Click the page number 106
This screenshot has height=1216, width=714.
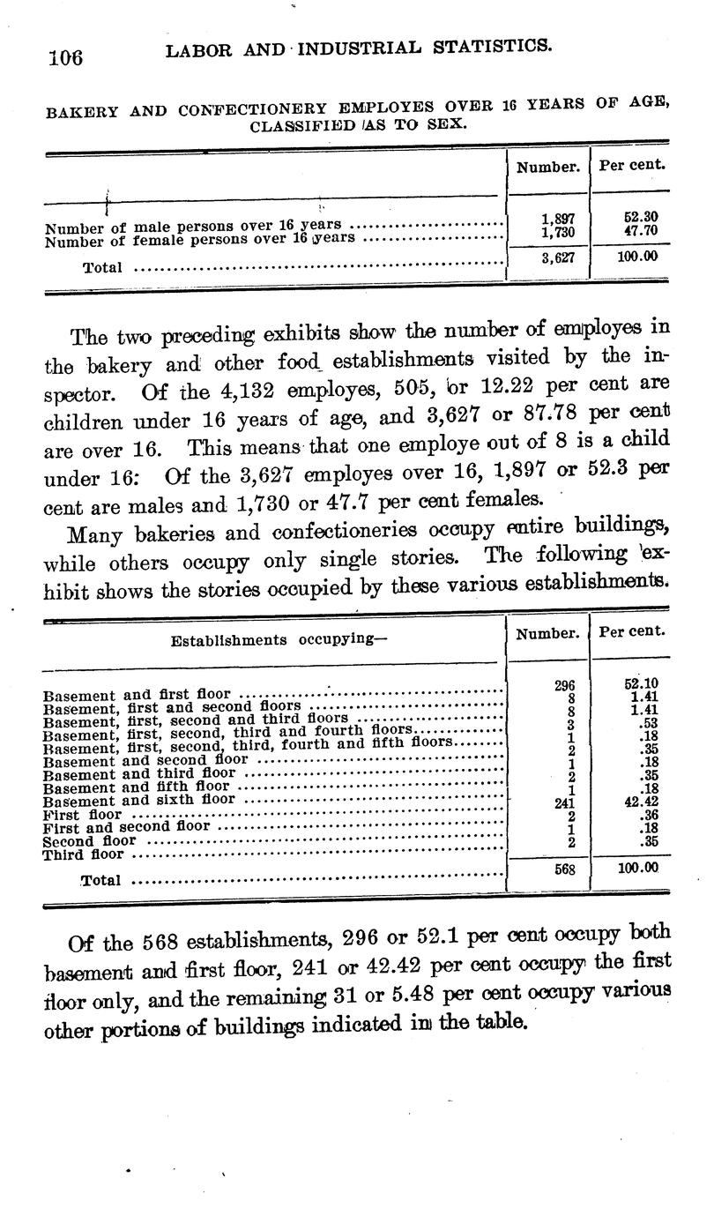65,57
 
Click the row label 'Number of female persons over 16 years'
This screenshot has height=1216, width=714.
200,238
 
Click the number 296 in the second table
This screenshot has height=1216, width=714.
565,685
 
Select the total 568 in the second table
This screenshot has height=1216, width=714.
564,869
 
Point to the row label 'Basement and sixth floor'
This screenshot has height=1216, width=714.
139,800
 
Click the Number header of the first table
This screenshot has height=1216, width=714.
547,166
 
